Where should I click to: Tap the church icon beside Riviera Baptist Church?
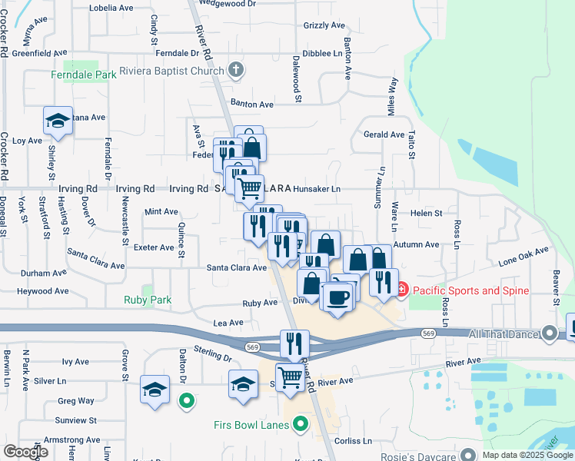[236, 72]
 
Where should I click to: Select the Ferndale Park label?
[83, 75]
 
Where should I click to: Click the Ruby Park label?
[148, 300]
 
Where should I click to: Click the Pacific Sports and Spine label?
[470, 290]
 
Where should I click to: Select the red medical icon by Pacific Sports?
[402, 290]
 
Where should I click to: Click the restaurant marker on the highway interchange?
[294, 343]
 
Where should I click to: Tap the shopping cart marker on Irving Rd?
[248, 187]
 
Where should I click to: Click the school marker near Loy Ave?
[58, 120]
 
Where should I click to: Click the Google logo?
[25, 452]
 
